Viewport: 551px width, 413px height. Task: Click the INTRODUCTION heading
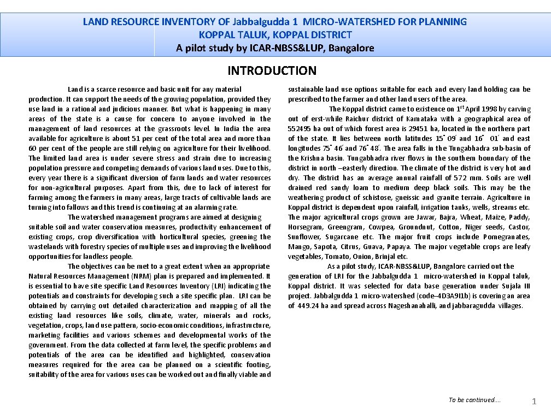pyautogui.click(x=272, y=70)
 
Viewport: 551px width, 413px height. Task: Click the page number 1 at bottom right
pyautogui.click(x=534, y=402)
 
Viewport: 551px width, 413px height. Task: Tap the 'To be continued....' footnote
pyautogui.click(x=474, y=400)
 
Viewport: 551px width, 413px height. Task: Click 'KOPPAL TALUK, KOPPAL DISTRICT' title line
pyautogui.click(x=275, y=35)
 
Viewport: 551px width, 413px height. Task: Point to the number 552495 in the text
pyautogui.click(x=300, y=129)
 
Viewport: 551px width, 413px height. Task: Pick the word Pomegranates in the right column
pyautogui.click(x=507, y=237)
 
